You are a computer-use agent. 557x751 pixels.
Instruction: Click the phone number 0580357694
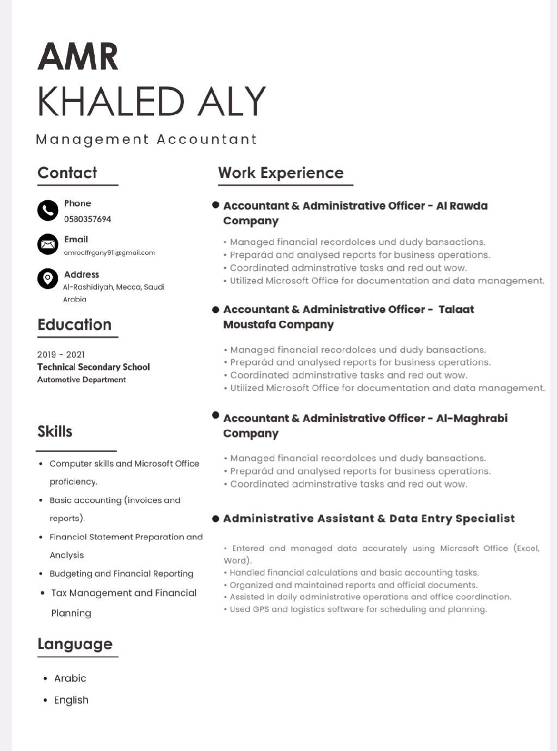click(88, 219)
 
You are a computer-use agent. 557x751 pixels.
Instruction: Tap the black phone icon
click(48, 210)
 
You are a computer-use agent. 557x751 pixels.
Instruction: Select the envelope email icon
click(48, 244)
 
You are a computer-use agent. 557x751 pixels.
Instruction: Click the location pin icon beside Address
click(48, 278)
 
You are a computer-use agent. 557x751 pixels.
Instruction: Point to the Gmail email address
click(109, 253)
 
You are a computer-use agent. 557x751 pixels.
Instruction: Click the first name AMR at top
click(78, 57)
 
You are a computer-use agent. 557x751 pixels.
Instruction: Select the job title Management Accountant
click(146, 139)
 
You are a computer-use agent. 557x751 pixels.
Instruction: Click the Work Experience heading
click(281, 173)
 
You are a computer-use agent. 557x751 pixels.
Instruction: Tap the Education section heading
click(75, 324)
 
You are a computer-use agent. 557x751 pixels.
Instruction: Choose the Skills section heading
click(55, 431)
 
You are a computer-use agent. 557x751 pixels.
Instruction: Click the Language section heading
click(75, 644)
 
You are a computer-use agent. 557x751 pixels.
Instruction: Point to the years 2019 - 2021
click(61, 354)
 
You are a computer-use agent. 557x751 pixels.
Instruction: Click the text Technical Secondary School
click(94, 367)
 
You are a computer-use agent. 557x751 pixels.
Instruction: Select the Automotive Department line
click(82, 379)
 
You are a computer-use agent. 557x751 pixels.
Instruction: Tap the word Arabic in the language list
click(70, 678)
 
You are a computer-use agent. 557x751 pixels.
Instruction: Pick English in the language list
click(71, 700)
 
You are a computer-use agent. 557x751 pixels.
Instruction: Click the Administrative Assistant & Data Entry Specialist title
click(369, 518)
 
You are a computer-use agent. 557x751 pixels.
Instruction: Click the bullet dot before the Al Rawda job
click(216, 205)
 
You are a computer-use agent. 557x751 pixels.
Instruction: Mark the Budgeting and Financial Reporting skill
click(121, 574)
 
